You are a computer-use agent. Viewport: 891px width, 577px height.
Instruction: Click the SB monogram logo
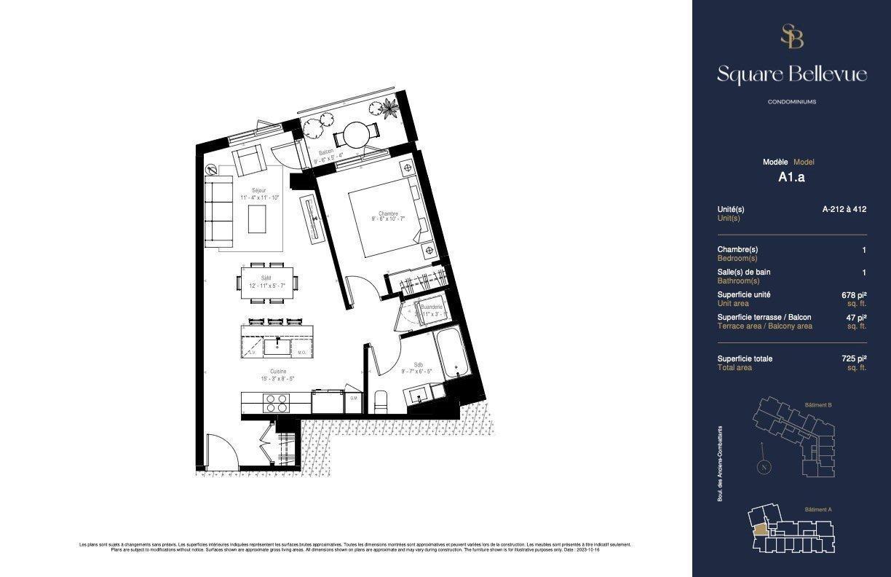click(791, 36)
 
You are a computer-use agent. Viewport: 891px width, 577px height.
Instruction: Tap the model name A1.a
click(791, 176)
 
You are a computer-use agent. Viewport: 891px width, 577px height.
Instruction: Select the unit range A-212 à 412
click(844, 209)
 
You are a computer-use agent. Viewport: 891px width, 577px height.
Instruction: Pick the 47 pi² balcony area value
click(856, 318)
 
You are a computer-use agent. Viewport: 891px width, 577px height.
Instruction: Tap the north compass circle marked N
click(764, 468)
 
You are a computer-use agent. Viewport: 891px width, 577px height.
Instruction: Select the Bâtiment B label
click(818, 404)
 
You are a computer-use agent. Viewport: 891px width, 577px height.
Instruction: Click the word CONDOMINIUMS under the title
click(791, 102)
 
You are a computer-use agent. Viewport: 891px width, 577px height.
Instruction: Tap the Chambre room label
click(387, 213)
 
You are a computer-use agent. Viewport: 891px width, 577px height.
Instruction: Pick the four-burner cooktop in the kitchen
click(276, 404)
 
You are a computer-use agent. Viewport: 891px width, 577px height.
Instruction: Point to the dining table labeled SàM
click(267, 281)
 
